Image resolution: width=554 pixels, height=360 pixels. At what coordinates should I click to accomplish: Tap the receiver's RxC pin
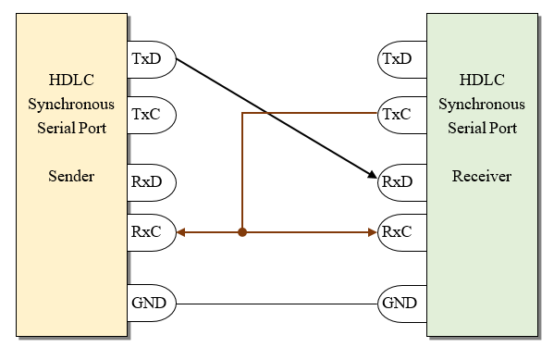tap(400, 231)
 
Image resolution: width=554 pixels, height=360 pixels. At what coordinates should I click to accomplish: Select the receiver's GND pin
tap(400, 303)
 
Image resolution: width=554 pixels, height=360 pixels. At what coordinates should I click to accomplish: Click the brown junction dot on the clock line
tap(241, 232)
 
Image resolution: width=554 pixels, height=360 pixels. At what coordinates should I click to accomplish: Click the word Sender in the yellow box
tap(71, 176)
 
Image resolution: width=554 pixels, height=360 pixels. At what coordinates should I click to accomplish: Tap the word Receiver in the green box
tap(481, 176)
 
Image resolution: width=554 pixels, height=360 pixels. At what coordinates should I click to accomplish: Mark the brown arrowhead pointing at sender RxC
tap(182, 232)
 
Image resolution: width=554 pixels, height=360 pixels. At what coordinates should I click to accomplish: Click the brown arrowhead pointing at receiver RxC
tap(372, 232)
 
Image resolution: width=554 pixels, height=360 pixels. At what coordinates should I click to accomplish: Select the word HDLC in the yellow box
tap(71, 80)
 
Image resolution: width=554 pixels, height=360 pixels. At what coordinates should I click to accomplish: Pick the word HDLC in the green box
tap(481, 80)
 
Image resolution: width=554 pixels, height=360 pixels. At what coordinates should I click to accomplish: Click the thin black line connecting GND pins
tap(277, 304)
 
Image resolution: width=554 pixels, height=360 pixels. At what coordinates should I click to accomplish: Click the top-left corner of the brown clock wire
tap(242, 114)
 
